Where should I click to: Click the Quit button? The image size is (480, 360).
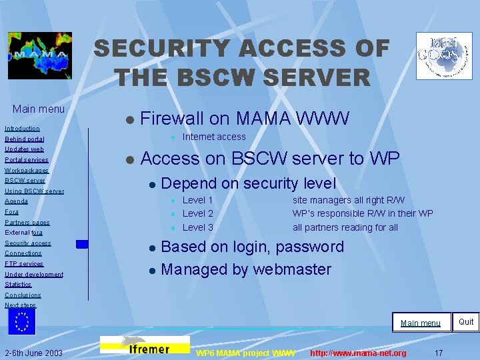point(466,321)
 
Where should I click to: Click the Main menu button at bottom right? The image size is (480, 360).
point(420,323)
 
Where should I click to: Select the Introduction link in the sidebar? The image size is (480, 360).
point(22,128)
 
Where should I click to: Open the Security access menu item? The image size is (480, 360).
point(28,243)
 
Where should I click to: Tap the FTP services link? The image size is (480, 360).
point(24,264)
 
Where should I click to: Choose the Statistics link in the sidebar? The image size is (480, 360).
point(18,285)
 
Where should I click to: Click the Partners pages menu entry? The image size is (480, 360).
point(27,222)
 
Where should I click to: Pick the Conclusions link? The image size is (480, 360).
point(23,295)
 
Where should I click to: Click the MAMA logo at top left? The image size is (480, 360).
point(39,56)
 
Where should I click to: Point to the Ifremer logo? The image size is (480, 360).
point(145,345)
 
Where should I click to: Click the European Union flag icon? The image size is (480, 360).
point(22,321)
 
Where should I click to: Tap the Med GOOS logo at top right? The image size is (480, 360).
point(443,56)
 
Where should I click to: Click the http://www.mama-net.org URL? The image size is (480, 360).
point(358,353)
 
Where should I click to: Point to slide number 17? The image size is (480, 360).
point(438,352)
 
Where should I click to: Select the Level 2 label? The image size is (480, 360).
point(197,213)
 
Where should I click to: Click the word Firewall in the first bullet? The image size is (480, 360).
point(172,119)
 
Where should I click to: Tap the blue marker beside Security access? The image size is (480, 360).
point(81,244)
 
